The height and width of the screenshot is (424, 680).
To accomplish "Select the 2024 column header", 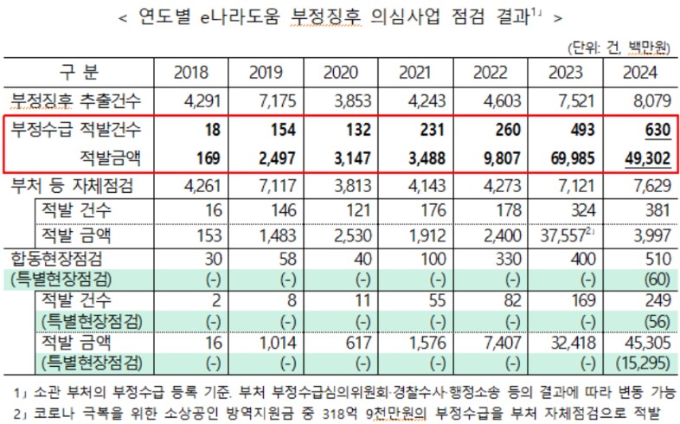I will (640, 73).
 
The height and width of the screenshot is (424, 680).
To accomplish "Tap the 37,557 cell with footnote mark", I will (563, 235).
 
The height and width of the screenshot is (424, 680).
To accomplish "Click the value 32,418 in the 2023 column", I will (566, 343).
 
